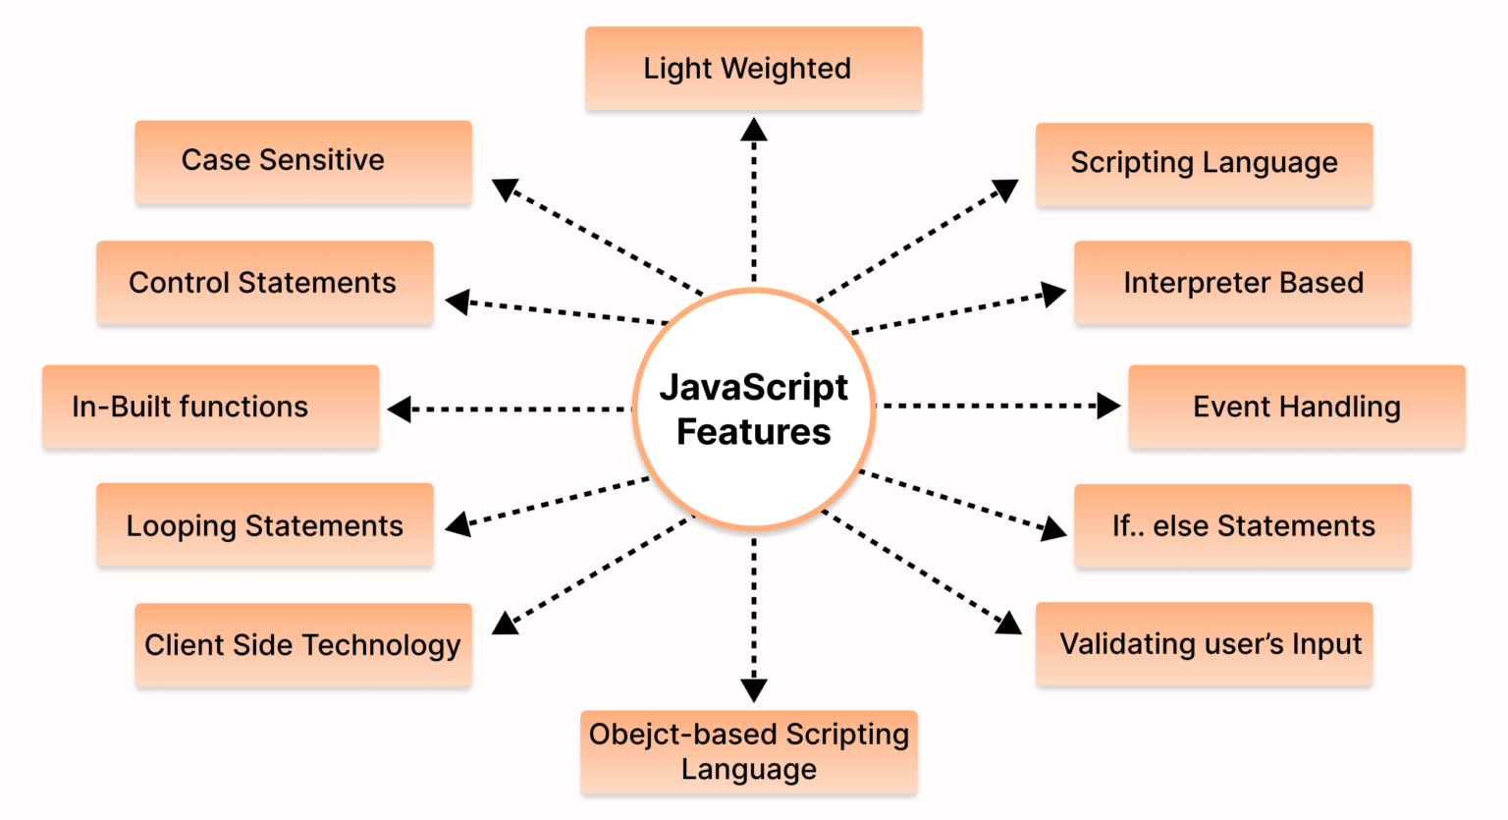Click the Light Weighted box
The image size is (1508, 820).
tap(753, 68)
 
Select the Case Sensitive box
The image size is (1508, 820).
tap(303, 162)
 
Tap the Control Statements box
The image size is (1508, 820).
tap(264, 282)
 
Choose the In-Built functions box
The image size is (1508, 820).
tap(211, 407)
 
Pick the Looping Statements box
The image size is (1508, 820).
tap(264, 524)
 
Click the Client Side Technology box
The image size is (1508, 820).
tap(303, 644)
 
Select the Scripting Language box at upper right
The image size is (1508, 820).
tap(1204, 164)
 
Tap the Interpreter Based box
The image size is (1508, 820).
tap(1242, 282)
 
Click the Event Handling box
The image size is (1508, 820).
tap(1297, 407)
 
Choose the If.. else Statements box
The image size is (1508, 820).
tap(1242, 525)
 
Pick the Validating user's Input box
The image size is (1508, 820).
tap(1204, 643)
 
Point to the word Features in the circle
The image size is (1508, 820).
tap(753, 431)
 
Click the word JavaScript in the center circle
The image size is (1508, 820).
tap(753, 389)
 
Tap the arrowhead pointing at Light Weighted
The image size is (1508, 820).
tap(753, 129)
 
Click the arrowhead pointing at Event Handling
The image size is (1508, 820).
tap(1108, 406)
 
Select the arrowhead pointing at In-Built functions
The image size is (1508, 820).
tap(400, 410)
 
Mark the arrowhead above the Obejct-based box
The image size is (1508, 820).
tap(753, 690)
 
